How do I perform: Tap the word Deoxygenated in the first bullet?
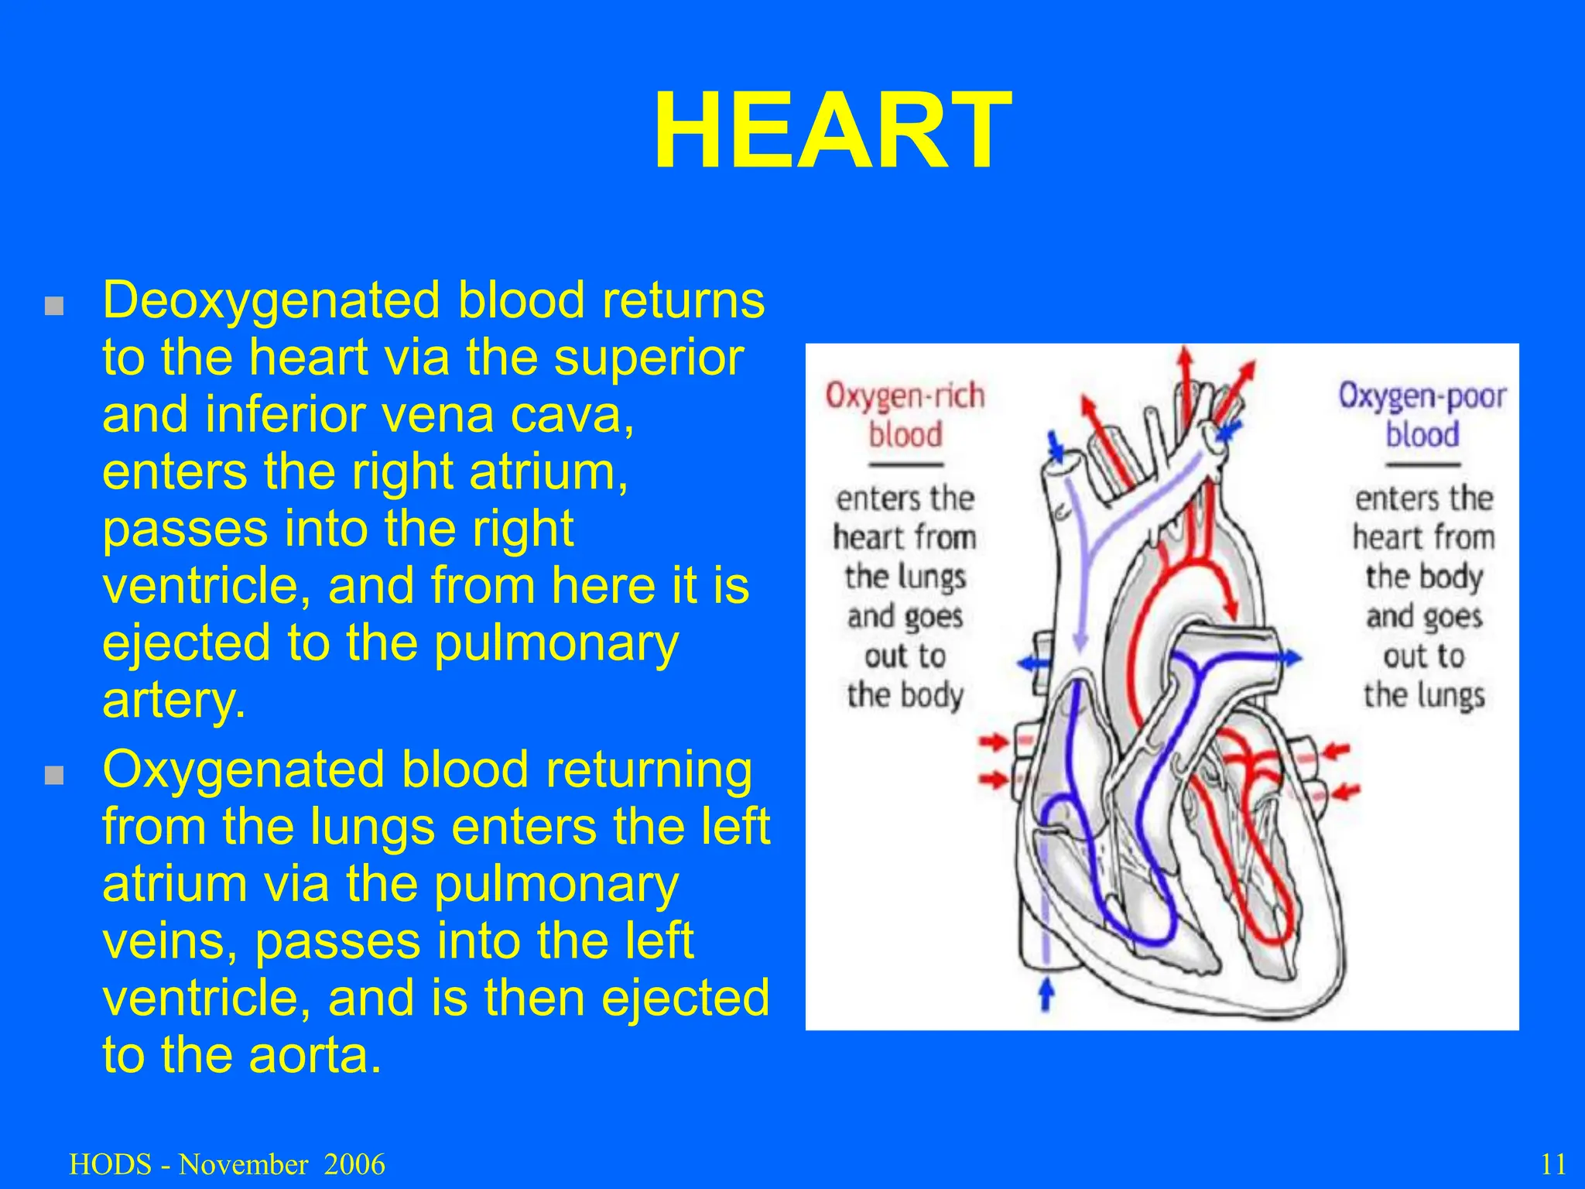[268, 300]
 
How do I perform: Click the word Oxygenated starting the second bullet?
[239, 770]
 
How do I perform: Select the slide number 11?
[1553, 1164]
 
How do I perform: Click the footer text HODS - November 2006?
[227, 1164]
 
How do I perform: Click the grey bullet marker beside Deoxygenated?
[53, 306]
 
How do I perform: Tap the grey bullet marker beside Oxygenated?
[53, 776]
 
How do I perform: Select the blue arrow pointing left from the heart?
[1030, 663]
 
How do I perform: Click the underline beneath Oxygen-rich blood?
[905, 464]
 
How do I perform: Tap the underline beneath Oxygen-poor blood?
[1422, 464]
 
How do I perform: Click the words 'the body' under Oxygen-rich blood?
[905, 694]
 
